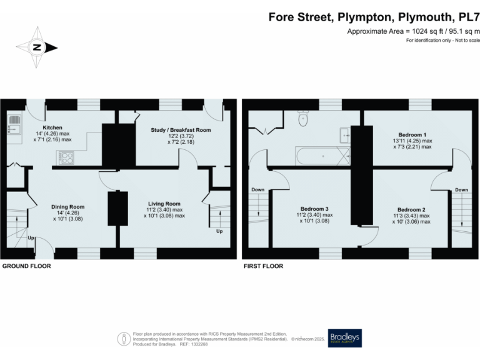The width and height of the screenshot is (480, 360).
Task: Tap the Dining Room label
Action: (x=67, y=206)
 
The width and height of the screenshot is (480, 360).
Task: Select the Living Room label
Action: (x=164, y=204)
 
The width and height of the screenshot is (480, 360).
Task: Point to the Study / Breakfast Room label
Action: (x=181, y=130)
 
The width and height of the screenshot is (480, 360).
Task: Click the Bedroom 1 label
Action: (x=412, y=134)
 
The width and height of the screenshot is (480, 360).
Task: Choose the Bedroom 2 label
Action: (x=411, y=209)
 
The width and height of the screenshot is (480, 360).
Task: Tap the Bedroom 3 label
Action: (x=315, y=209)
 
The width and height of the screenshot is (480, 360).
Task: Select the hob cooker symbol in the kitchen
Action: (x=66, y=159)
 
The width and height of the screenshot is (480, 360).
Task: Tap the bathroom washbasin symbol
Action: (x=344, y=133)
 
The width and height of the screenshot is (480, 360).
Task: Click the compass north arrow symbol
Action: (x=37, y=47)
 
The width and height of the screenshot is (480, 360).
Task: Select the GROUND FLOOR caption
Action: (x=26, y=266)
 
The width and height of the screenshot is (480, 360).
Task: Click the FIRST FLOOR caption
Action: (x=263, y=266)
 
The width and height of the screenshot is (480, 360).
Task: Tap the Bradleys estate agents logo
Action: (x=344, y=337)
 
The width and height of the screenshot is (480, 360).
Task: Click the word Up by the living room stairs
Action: (x=218, y=231)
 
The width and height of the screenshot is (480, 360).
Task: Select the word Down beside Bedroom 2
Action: (x=461, y=189)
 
